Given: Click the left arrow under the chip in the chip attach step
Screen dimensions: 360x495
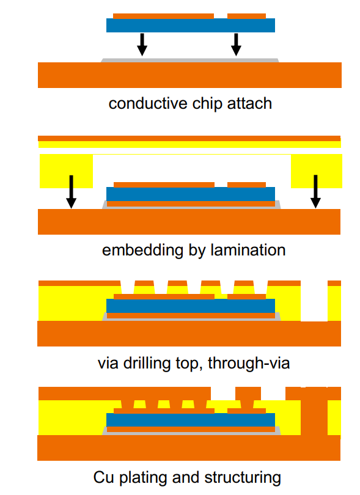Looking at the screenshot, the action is pyautogui.click(x=142, y=45).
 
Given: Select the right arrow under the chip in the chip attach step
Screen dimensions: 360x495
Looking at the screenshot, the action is pyautogui.click(x=236, y=45).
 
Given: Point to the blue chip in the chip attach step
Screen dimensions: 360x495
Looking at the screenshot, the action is pyautogui.click(x=191, y=25).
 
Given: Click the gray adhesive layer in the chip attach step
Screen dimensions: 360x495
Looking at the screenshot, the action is pyautogui.click(x=190, y=61).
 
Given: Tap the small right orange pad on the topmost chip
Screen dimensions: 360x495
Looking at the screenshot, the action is pyautogui.click(x=247, y=16).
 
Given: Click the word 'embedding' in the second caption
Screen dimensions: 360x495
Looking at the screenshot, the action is pyautogui.click(x=143, y=251).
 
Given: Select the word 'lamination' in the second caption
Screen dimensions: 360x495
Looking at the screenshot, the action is pyautogui.click(x=248, y=250).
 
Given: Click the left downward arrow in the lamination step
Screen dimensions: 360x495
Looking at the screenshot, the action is pyautogui.click(x=71, y=192).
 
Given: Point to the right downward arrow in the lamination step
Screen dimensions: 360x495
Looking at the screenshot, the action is pyautogui.click(x=315, y=192).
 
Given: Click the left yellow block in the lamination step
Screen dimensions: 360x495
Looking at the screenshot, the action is pyautogui.click(x=66, y=171).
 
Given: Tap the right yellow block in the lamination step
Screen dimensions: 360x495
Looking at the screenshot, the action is pyautogui.click(x=317, y=171).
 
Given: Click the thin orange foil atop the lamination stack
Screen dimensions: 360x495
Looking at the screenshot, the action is pyautogui.click(x=189, y=138).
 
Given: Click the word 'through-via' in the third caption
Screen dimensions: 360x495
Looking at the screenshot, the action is pyautogui.click(x=249, y=363).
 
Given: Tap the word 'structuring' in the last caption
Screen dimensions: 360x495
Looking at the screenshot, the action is pyautogui.click(x=243, y=478).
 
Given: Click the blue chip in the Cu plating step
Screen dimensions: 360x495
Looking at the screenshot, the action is pyautogui.click(x=191, y=420).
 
